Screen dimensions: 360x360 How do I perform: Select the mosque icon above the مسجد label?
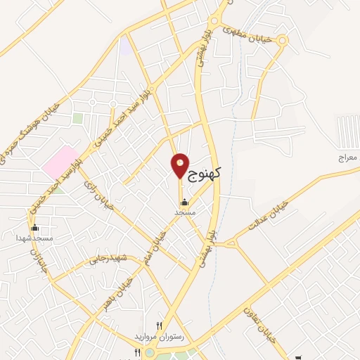click(x=184, y=202)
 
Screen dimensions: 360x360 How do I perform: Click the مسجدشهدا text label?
click(x=36, y=238)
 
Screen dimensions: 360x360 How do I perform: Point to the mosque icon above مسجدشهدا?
click(x=35, y=228)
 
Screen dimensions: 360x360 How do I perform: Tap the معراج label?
click(x=347, y=159)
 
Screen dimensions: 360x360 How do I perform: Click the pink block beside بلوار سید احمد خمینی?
click(x=60, y=162)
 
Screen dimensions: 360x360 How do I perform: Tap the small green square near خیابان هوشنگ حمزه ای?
click(x=77, y=118)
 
